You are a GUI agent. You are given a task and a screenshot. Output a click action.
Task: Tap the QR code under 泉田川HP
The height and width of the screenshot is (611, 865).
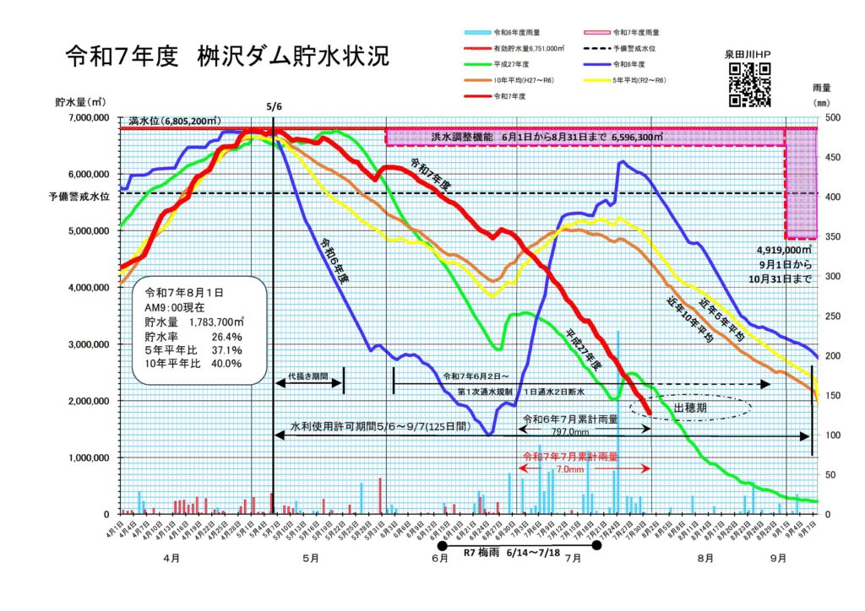pyautogui.click(x=749, y=84)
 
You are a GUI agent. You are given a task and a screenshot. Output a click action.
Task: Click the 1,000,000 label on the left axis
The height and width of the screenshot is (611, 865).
pyautogui.click(x=88, y=457)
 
